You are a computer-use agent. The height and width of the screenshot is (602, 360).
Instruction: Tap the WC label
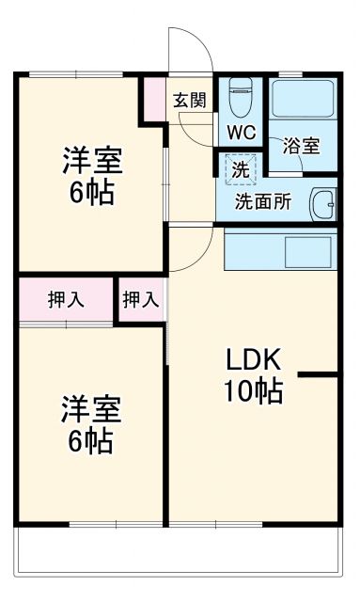click(x=240, y=133)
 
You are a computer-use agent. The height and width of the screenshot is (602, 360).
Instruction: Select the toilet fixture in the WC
click(x=241, y=94)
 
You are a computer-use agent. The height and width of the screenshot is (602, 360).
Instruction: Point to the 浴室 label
click(x=301, y=147)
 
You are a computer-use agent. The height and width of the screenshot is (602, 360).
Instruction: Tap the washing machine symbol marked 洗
click(x=241, y=171)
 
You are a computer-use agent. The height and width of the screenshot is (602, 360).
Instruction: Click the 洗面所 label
click(x=262, y=200)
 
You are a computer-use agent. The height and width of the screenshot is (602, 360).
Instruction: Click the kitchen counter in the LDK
click(x=279, y=249)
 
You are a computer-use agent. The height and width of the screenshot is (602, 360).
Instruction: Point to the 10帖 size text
click(x=252, y=390)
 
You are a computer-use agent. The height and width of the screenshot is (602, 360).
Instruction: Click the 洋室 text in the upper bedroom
click(x=93, y=159)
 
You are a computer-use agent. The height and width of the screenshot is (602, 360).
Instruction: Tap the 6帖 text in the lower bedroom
click(x=92, y=438)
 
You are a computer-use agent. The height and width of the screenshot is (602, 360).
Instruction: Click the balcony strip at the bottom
click(x=179, y=555)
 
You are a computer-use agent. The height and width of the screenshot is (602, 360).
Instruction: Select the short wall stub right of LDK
click(x=318, y=375)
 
